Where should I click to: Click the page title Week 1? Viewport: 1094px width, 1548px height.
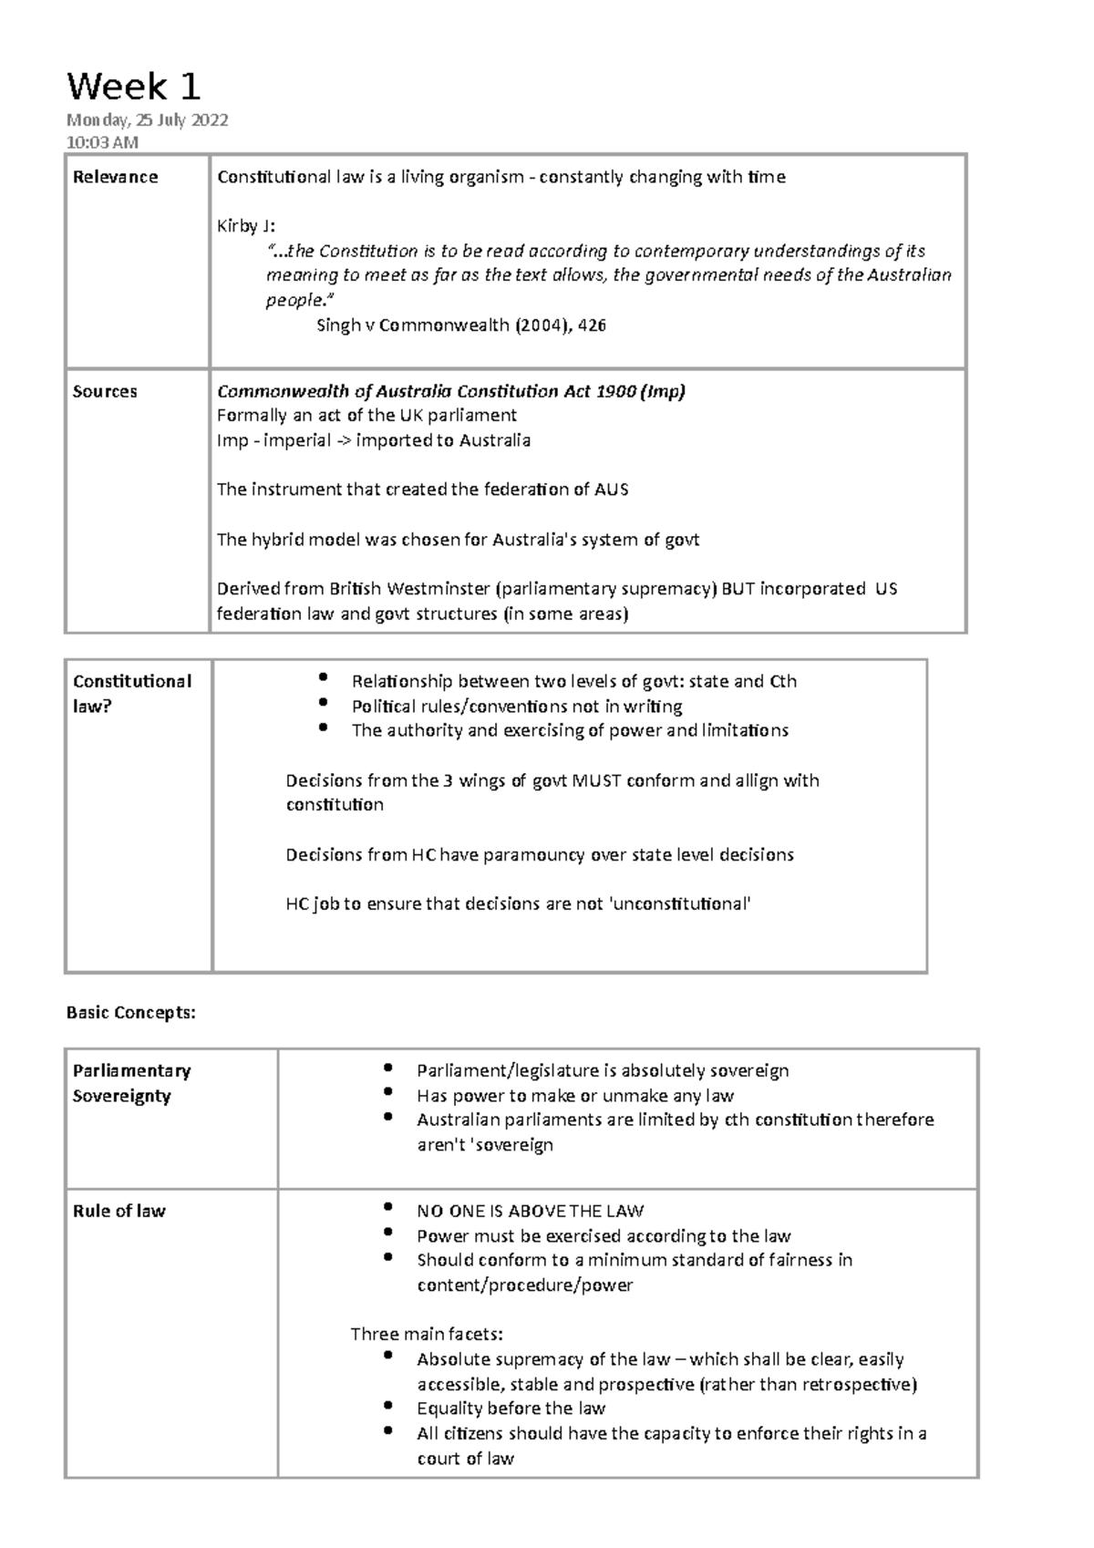[x=133, y=88]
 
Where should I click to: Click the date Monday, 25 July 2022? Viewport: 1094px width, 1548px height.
[x=147, y=120]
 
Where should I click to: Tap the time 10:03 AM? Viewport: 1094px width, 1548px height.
[x=102, y=142]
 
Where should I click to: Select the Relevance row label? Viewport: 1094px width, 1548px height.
[x=115, y=177]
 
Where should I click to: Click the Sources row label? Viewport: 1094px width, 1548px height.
[x=105, y=391]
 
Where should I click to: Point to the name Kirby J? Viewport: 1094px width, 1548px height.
[x=245, y=226]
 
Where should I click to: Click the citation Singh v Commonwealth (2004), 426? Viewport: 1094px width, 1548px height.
[x=460, y=325]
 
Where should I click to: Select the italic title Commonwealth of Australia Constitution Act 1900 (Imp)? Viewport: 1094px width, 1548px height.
[x=450, y=391]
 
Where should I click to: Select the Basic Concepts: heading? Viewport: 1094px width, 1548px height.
[x=130, y=1013]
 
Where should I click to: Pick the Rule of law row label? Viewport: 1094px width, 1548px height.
[x=119, y=1211]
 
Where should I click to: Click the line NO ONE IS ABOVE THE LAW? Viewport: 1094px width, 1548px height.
[x=530, y=1211]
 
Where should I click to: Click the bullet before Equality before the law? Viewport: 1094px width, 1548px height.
[x=389, y=1406]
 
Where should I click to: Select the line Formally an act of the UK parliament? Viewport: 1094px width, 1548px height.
[x=366, y=416]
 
